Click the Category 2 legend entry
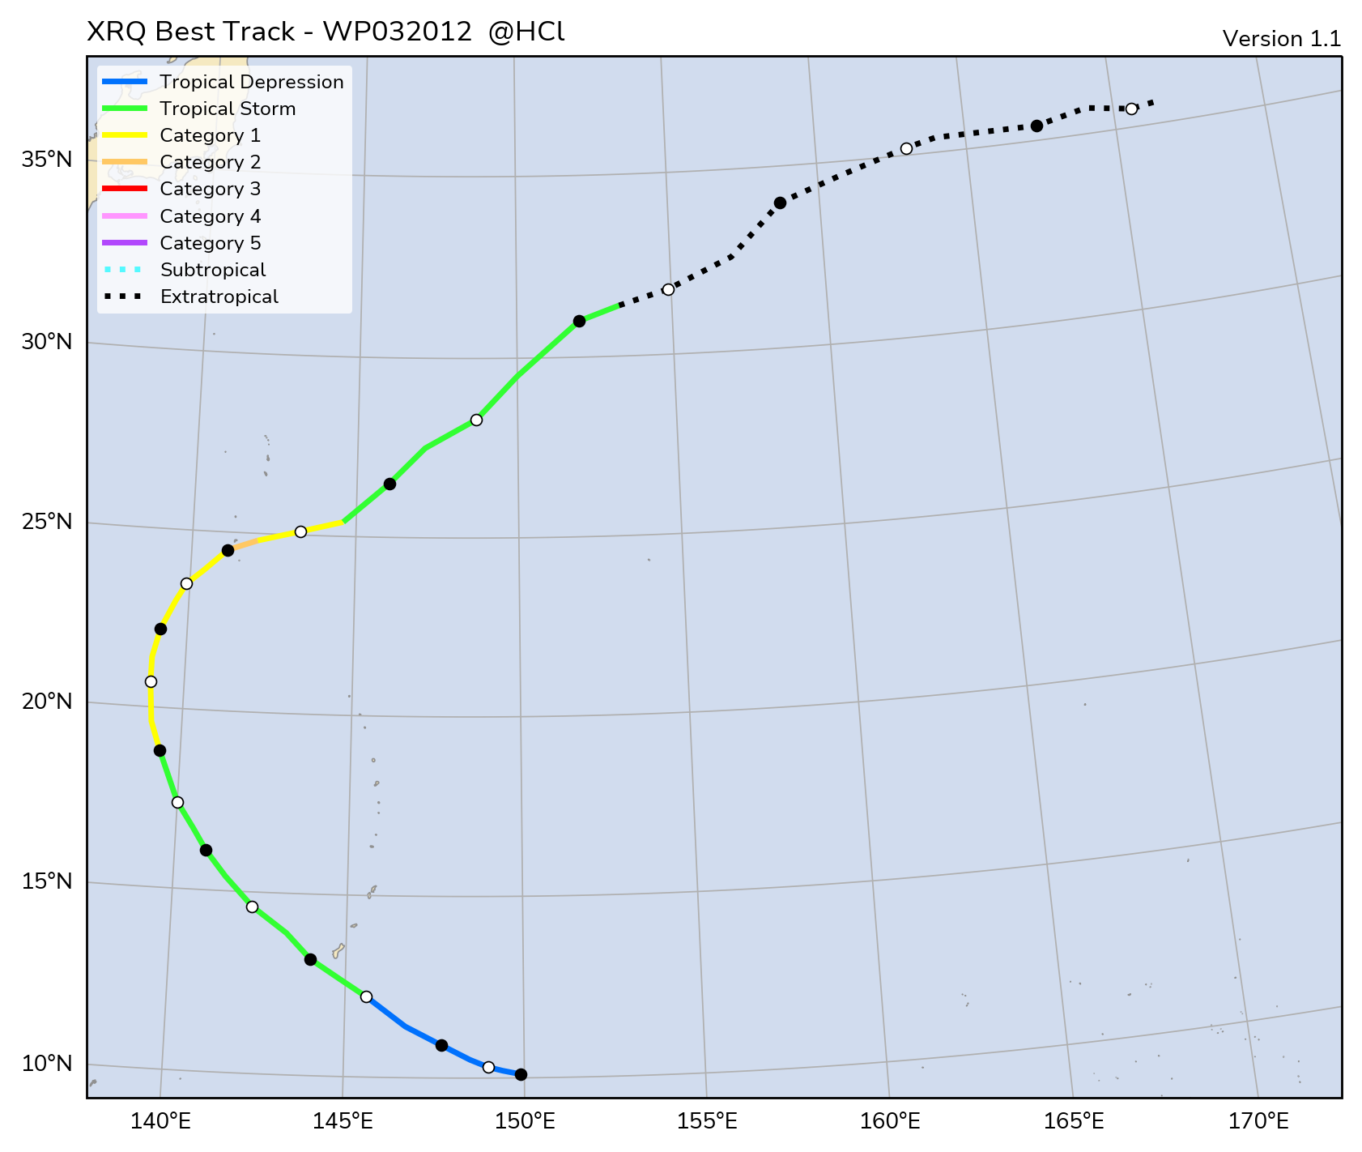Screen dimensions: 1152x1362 pyautogui.click(x=210, y=162)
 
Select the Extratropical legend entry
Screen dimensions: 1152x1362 pyautogui.click(x=219, y=297)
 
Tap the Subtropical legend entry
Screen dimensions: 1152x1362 pyautogui.click(x=212, y=270)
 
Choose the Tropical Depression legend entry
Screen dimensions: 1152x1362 pyautogui.click(x=251, y=82)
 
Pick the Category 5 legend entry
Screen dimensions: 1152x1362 pyautogui.click(x=210, y=243)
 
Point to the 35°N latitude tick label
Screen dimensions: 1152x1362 pyautogui.click(x=47, y=159)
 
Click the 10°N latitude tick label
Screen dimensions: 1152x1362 pyautogui.click(x=47, y=1062)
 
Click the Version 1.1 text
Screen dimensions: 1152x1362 pyautogui.click(x=1281, y=39)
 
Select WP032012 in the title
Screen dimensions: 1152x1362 pyautogui.click(x=397, y=32)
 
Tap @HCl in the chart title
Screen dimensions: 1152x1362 pyautogui.click(x=526, y=32)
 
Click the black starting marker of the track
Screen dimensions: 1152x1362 pyautogui.click(x=521, y=1074)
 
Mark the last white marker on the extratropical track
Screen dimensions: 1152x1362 pyautogui.click(x=1131, y=109)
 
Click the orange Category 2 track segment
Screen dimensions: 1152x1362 pyautogui.click(x=245, y=544)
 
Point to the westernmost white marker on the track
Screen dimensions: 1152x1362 pyautogui.click(x=151, y=681)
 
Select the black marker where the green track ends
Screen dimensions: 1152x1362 pyautogui.click(x=579, y=321)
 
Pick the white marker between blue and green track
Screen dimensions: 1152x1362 pyautogui.click(x=366, y=996)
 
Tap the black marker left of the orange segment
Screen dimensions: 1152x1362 pyautogui.click(x=228, y=550)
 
